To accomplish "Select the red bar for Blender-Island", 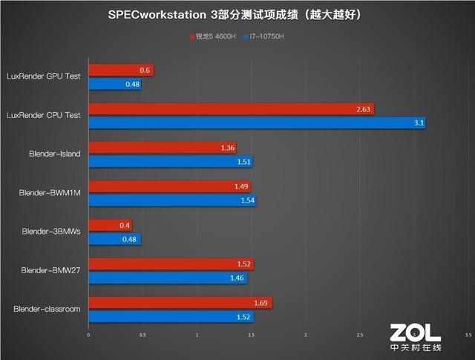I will [x=162, y=148].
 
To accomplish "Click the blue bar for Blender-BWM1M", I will [x=171, y=200].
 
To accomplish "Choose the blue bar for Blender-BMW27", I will [x=167, y=278].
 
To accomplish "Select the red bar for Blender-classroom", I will [x=180, y=302].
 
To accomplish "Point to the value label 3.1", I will [x=419, y=123].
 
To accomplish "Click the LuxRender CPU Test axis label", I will [x=43, y=115].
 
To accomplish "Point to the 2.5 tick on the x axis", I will [x=359, y=336].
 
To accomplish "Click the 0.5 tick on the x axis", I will [x=142, y=336].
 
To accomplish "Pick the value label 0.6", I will [x=145, y=71].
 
